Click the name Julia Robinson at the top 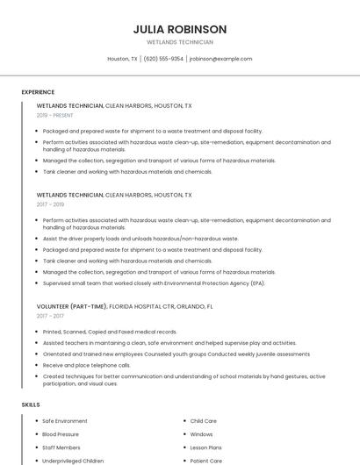point(180,29)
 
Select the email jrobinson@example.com point(220,59)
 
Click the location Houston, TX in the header point(122,59)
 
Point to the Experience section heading point(38,91)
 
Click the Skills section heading point(30,404)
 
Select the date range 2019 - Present point(56,116)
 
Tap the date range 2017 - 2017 point(52,315)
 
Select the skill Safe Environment point(65,421)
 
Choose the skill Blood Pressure point(61,434)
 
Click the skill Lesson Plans point(206,447)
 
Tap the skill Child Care point(203,421)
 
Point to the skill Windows point(201,434)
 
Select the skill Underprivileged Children point(73,461)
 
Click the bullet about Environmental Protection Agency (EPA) point(154,283)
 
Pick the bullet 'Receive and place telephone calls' point(87,365)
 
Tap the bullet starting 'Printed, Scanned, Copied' point(110,332)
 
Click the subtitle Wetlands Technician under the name point(180,42)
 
